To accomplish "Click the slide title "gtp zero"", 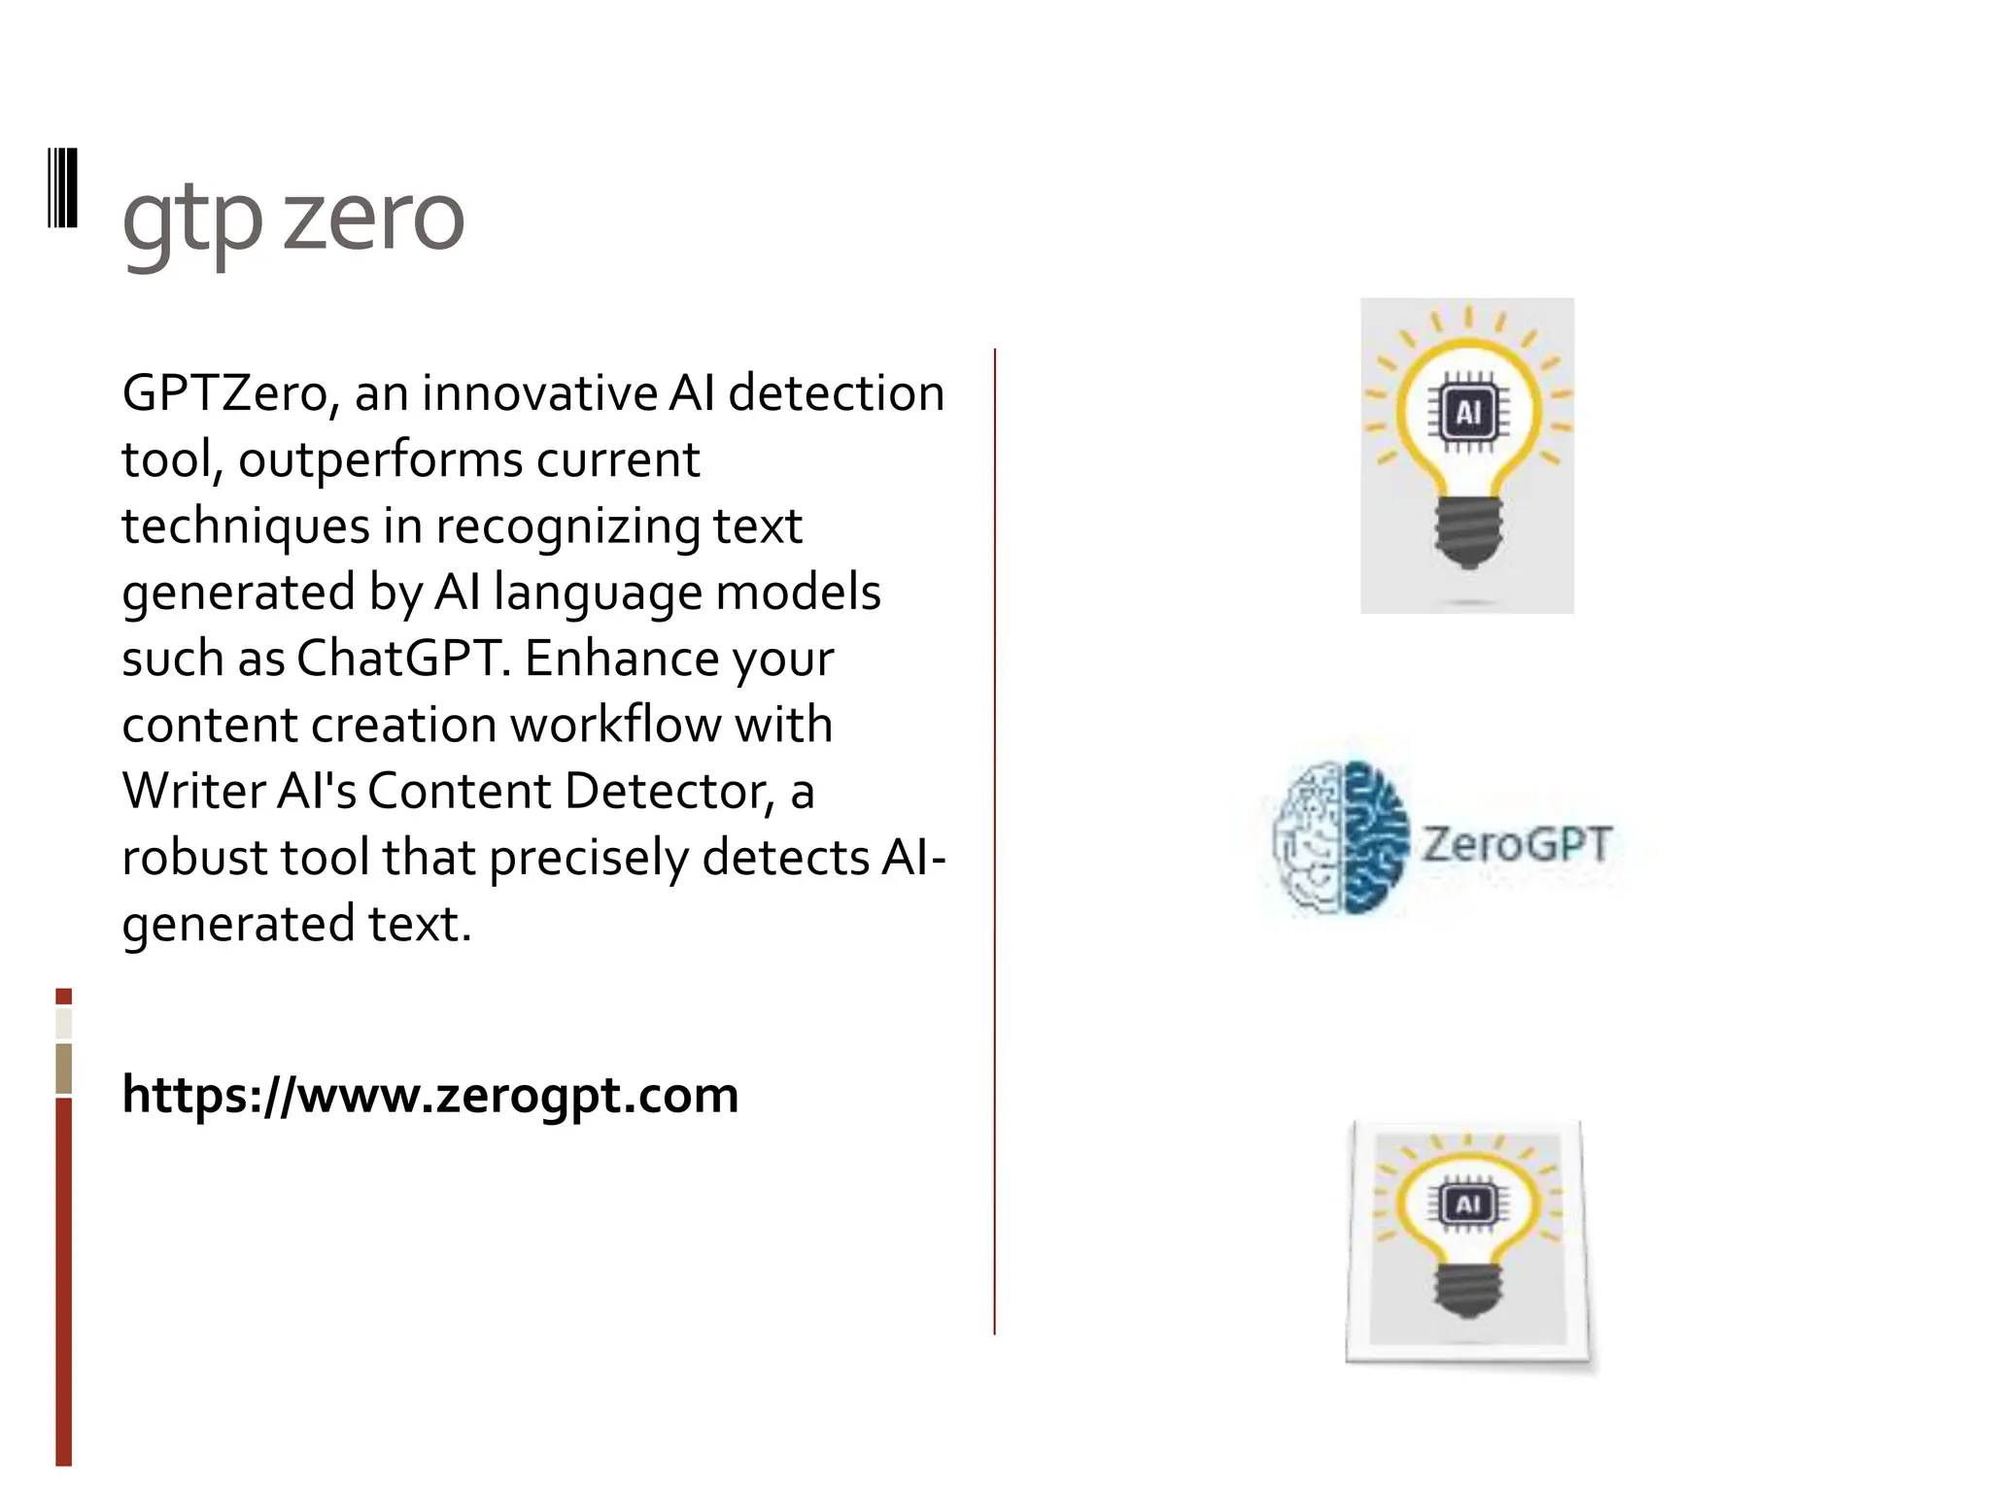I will (x=292, y=219).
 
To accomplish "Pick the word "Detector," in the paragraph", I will (x=669, y=791).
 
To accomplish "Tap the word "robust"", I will (x=194, y=858).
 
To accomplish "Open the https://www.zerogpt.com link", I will (x=429, y=1095).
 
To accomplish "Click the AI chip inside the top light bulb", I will (x=1468, y=413).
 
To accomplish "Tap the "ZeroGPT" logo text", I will (x=1517, y=843).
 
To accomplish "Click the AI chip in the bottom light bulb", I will (x=1467, y=1205).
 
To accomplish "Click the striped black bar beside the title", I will (x=63, y=187).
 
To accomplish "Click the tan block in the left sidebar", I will (x=64, y=1068).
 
